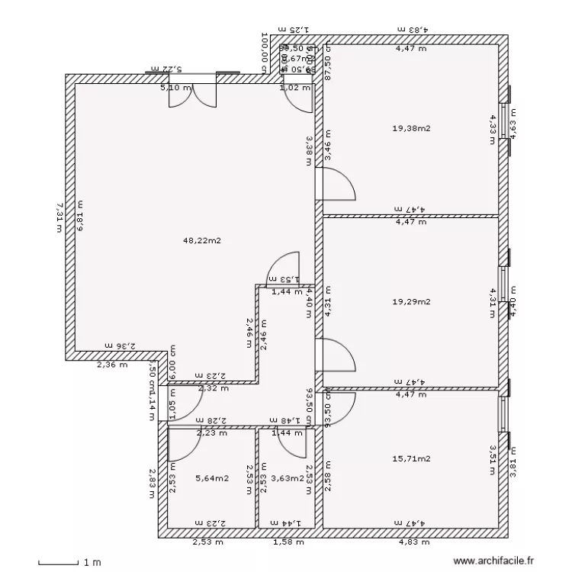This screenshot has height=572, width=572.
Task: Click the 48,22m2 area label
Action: pyautogui.click(x=196, y=241)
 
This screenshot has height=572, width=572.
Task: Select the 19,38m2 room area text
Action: pyautogui.click(x=411, y=128)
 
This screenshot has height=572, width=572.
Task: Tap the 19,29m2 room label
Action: pyautogui.click(x=411, y=302)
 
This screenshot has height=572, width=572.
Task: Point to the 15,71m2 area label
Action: pyautogui.click(x=411, y=459)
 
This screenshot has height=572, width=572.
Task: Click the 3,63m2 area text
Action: pyautogui.click(x=288, y=479)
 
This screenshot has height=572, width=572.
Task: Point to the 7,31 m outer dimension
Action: pyautogui.click(x=59, y=217)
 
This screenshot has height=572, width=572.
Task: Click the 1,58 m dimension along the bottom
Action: pyautogui.click(x=288, y=543)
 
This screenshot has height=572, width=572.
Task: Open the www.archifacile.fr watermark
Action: pyautogui.click(x=495, y=561)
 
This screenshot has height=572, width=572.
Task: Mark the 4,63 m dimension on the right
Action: pyautogui.click(x=513, y=127)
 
